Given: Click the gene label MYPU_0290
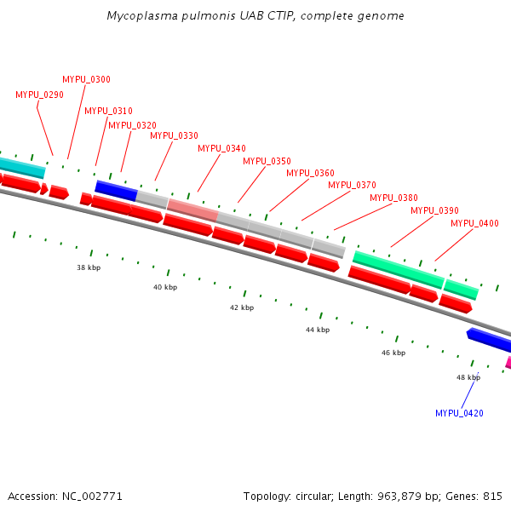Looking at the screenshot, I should tap(39, 95).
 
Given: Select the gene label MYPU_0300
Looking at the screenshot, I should tap(86, 79).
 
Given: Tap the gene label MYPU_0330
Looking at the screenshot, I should tap(174, 135).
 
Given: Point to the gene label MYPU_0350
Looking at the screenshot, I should tap(267, 161).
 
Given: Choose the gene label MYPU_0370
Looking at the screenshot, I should tap(352, 185).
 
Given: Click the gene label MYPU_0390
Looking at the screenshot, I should tap(434, 210).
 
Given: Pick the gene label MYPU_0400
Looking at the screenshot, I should tap(474, 223).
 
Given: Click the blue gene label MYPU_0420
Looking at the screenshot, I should tap(459, 413).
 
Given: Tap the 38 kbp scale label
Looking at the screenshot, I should tap(89, 267).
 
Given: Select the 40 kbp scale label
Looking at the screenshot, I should tap(165, 288).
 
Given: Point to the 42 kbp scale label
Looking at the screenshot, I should tap(242, 307).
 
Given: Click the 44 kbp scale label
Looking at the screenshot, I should tap(318, 330).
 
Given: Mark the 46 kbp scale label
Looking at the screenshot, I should tap(393, 353).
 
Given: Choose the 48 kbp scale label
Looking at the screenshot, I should tap(468, 377).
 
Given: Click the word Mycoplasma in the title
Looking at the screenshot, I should tap(139, 16).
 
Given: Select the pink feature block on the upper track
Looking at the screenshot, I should tap(192, 205).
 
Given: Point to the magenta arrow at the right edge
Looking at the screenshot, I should tap(508, 362).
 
